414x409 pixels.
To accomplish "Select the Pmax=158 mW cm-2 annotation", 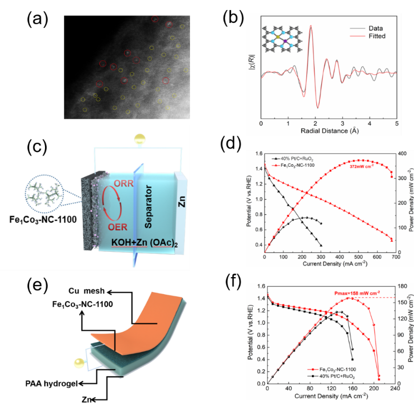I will click(356, 293).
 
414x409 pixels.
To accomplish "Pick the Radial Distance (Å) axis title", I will click(329, 130).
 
